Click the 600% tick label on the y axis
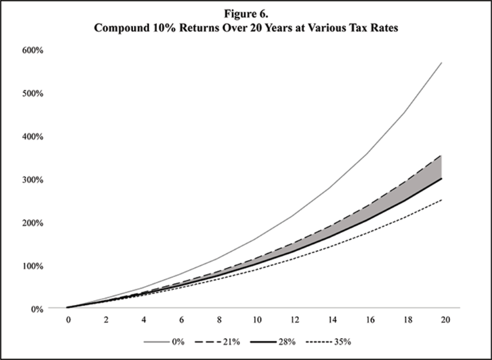[x=32, y=50]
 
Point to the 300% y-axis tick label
[x=32, y=179]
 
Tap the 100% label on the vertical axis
[x=32, y=266]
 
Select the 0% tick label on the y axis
[x=35, y=308]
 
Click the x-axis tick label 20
[x=444, y=320]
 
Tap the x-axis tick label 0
[x=68, y=320]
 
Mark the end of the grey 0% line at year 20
[x=441, y=63]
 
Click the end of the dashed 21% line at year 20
[x=441, y=155]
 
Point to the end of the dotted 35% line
[x=441, y=200]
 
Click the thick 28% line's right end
[x=441, y=178]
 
